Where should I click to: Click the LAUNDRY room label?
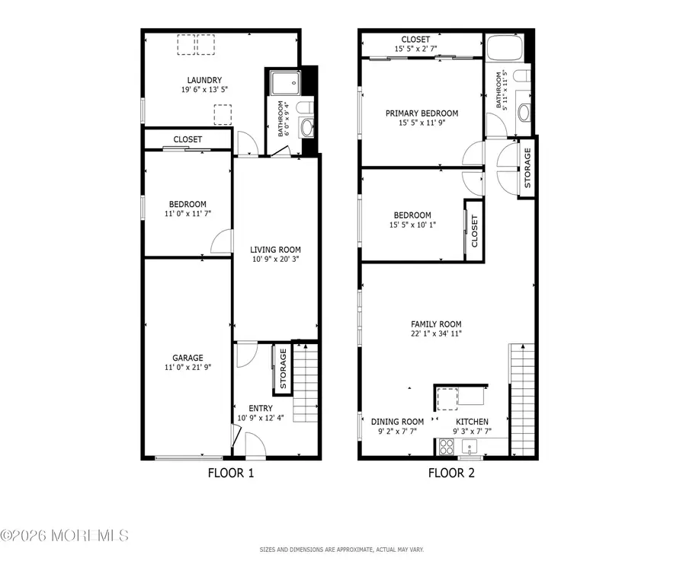[x=204, y=80]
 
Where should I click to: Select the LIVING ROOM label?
[x=276, y=249]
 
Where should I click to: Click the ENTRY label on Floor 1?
[x=261, y=408]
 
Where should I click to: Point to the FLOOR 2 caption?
[x=450, y=473]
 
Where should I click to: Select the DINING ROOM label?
[x=397, y=422]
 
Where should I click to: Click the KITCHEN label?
[x=472, y=422]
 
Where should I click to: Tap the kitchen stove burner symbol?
[x=446, y=446]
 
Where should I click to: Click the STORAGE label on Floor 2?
[x=527, y=167]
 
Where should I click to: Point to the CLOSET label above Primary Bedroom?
[x=412, y=40]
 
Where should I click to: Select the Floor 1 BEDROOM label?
[x=188, y=204]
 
